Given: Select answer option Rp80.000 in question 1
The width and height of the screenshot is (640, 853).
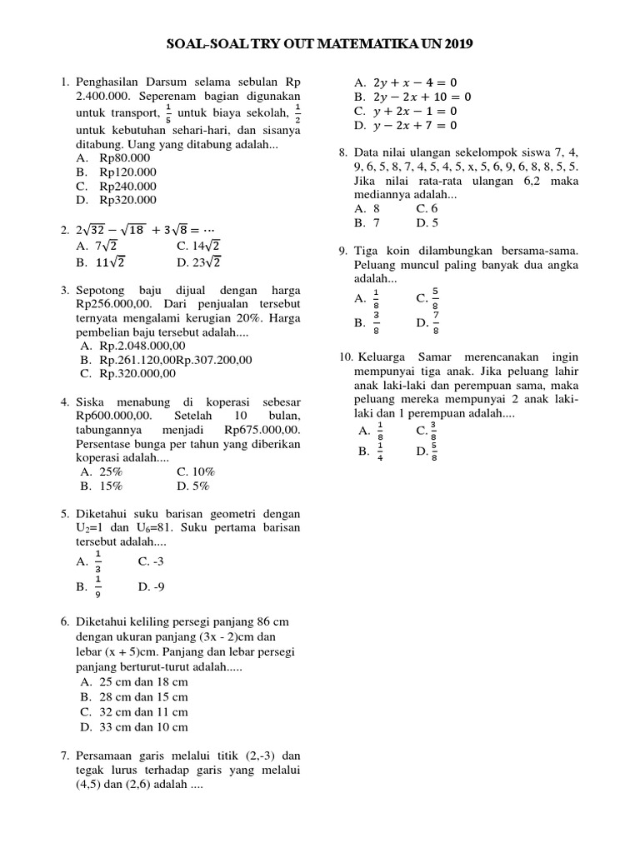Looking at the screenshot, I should pyautogui.click(x=124, y=157).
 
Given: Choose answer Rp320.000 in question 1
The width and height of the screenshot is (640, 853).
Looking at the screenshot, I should pyautogui.click(x=127, y=200).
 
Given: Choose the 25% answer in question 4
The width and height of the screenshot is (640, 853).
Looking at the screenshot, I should pyautogui.click(x=111, y=471).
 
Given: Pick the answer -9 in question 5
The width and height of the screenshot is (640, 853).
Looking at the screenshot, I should pyautogui.click(x=156, y=586).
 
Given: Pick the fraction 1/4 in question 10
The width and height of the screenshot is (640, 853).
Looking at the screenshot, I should pyautogui.click(x=380, y=451).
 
